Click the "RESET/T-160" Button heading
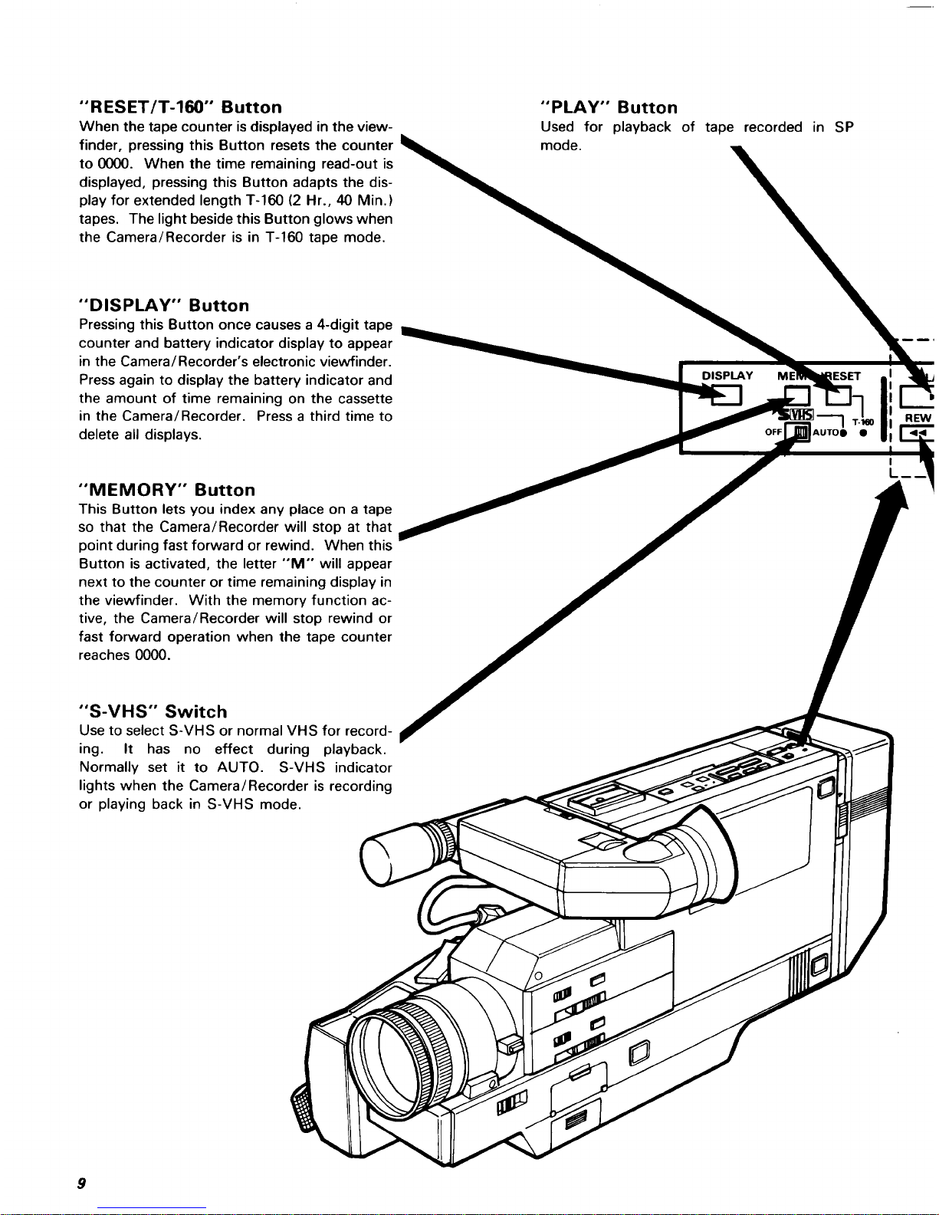(x=181, y=107)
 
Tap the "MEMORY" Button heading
(x=167, y=490)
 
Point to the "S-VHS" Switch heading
(x=153, y=711)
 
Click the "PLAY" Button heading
(x=609, y=107)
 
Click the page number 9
(x=80, y=1183)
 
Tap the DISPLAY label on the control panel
(x=727, y=376)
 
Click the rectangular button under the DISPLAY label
(x=727, y=395)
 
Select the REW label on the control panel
(x=918, y=418)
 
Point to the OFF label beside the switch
(x=773, y=432)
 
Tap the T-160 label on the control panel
(x=863, y=421)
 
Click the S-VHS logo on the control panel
(x=796, y=415)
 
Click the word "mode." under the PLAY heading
(x=560, y=145)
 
